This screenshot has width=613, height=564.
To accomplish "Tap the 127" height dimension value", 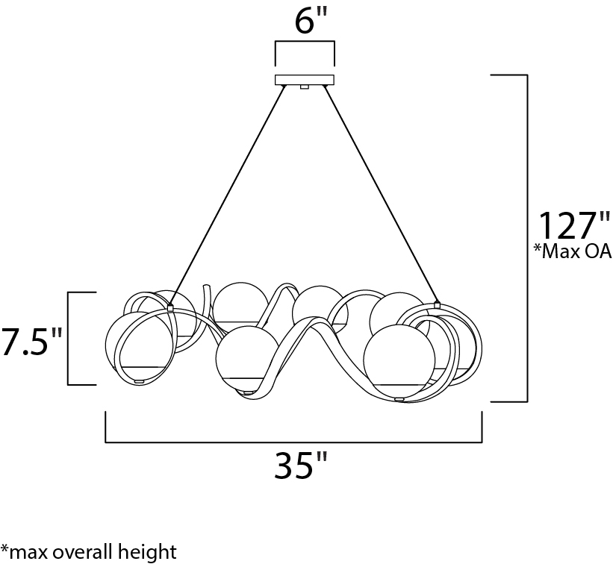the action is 574,226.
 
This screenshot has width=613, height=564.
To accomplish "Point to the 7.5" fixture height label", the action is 31,342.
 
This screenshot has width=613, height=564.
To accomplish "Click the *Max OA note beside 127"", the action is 573,251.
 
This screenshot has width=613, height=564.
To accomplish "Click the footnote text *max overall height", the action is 89,551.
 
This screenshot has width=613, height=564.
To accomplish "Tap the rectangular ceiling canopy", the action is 305,80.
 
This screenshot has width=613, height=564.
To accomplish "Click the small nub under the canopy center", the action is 305,87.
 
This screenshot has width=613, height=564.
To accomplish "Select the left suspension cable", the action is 227,195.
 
